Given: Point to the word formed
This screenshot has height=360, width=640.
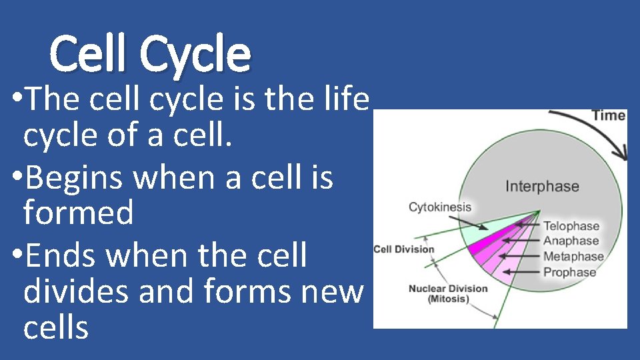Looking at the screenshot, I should point(78,213).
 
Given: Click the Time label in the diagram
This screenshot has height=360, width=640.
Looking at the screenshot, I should point(608,115).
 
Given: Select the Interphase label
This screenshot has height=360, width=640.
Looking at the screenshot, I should point(541,186).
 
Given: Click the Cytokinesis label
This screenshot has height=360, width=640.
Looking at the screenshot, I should point(439,207).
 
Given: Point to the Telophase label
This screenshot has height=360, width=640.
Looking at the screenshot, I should point(571,226).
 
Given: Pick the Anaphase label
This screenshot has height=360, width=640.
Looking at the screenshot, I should point(571,241).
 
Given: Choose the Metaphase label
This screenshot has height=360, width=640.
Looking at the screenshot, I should point(573,257).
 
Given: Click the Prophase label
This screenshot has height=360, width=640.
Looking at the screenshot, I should point(569,272).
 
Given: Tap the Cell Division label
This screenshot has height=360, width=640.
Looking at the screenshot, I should point(403,250).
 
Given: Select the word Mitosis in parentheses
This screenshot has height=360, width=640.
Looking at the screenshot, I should point(448,299).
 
